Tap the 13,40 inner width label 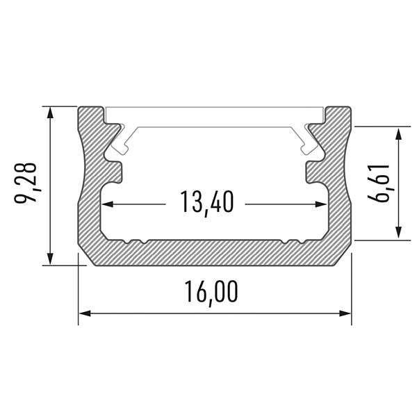(207, 203)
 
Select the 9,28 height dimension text (26, 183)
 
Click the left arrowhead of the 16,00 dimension (85, 313)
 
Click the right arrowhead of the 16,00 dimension (345, 313)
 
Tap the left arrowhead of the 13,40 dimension (108, 204)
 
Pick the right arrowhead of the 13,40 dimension (320, 204)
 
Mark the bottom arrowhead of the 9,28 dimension (50, 259)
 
